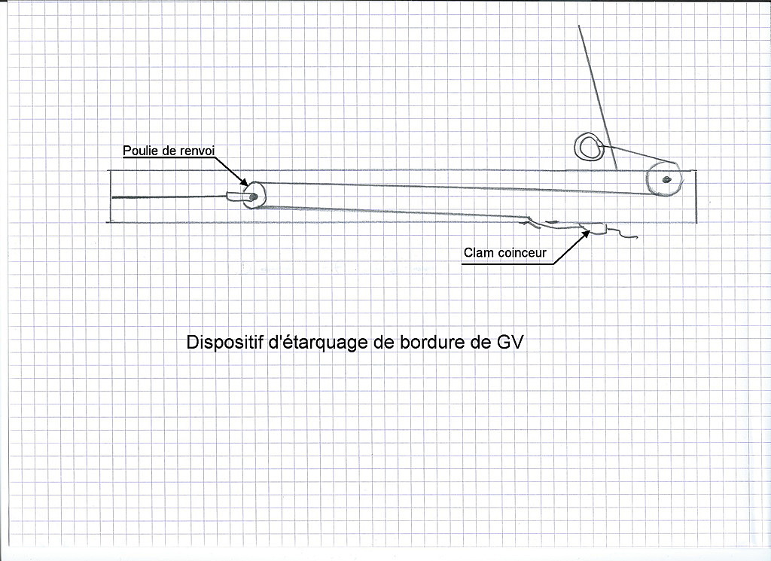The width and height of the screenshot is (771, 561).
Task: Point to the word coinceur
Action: [523, 253]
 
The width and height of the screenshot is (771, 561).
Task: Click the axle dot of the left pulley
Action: [253, 197]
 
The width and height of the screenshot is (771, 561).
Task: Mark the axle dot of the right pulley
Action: [666, 179]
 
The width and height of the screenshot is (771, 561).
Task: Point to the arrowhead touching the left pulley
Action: [244, 181]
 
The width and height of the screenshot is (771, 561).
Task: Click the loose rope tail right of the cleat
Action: [623, 233]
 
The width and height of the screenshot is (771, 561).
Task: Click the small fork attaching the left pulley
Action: [235, 197]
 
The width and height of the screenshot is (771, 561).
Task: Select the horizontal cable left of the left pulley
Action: [169, 197]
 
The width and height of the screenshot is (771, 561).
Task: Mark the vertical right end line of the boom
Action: [696, 197]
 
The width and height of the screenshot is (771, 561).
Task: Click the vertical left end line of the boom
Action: [110, 197]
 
